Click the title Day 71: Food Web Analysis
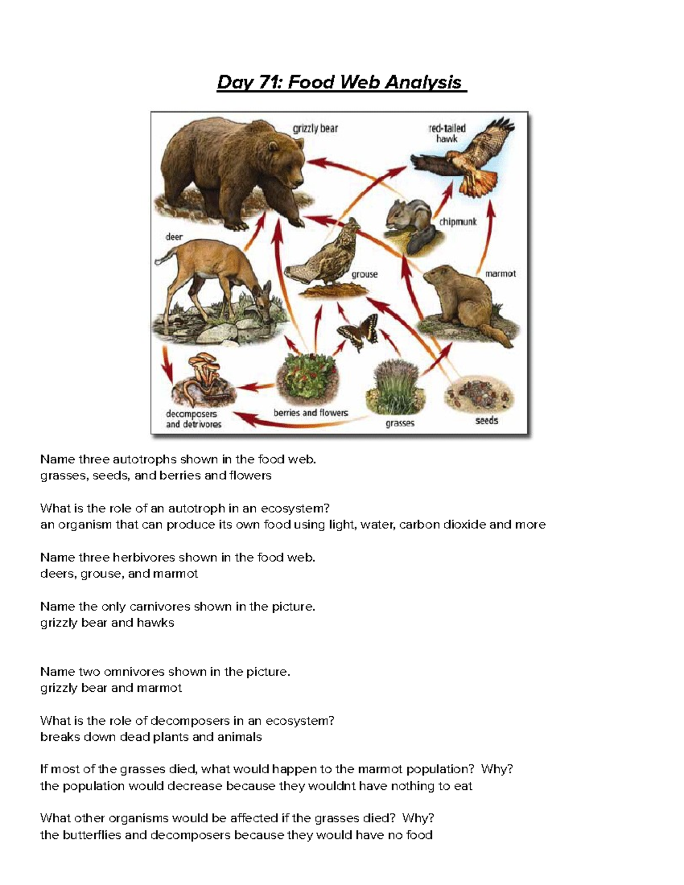coord(341,83)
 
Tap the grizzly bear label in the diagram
coord(315,129)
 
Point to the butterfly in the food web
coord(357,331)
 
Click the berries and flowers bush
coord(308,380)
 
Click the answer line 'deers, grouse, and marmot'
coord(119,574)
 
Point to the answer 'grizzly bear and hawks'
coord(107,623)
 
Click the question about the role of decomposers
coord(187,721)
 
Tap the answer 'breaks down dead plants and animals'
coord(151,737)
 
